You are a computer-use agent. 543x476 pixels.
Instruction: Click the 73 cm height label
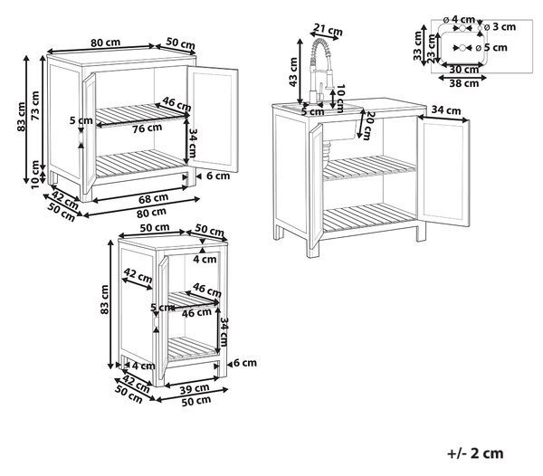tap(35, 106)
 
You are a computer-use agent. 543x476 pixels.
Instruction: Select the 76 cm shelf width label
tap(148, 129)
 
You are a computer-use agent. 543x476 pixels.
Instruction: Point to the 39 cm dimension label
tap(195, 389)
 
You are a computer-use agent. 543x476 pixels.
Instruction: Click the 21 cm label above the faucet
tap(328, 29)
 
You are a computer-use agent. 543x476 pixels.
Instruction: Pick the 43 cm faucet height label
tap(293, 72)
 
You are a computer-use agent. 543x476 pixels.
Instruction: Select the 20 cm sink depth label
tap(368, 125)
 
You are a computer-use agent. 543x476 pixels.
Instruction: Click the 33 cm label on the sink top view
tap(418, 45)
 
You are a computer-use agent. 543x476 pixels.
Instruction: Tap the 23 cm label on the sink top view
tap(432, 48)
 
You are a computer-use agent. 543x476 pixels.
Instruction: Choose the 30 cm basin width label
tap(463, 70)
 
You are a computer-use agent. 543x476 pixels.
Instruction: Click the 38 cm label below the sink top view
tap(463, 83)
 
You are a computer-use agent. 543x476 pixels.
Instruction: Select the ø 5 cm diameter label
tap(491, 47)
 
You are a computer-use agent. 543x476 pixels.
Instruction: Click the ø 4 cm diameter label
tap(459, 19)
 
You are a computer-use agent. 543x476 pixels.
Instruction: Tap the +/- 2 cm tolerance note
tap(475, 453)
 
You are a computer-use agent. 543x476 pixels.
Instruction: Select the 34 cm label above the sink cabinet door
tap(446, 110)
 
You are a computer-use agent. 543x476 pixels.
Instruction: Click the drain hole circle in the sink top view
tap(462, 47)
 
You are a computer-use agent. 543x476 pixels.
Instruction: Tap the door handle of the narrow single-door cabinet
tap(156, 323)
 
